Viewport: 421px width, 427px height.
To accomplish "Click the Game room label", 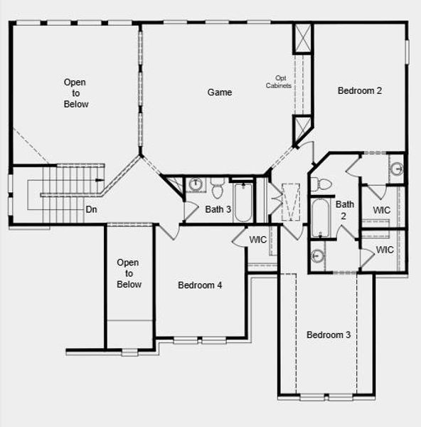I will [x=220, y=93].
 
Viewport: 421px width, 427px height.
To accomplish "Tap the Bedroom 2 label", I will [x=360, y=90].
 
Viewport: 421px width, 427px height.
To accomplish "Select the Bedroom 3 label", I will [x=328, y=334].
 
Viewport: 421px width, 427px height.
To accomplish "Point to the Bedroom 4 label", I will [x=200, y=285].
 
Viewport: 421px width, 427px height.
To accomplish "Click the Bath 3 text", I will [x=218, y=209].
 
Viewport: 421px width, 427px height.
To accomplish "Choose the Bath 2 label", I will [x=345, y=210].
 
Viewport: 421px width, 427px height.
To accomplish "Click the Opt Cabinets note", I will [x=279, y=82].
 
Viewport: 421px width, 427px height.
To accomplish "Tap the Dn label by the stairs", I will [x=91, y=210].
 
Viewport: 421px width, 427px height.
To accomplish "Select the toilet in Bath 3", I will [x=217, y=187].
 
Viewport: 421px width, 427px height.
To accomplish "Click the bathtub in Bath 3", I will [x=243, y=201].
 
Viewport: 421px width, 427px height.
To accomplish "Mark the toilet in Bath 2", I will [x=324, y=184].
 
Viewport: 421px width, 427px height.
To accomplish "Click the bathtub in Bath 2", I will [x=320, y=217].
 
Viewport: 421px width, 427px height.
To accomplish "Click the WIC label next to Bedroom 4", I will [x=258, y=240].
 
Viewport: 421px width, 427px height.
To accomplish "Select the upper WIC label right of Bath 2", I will [x=382, y=211].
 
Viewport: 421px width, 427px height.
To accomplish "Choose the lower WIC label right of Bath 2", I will [x=385, y=250].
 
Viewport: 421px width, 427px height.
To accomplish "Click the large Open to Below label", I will [x=76, y=93].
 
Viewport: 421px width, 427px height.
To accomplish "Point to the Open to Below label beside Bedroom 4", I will [x=129, y=274].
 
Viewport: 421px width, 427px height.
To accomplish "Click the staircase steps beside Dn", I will [x=68, y=186].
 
